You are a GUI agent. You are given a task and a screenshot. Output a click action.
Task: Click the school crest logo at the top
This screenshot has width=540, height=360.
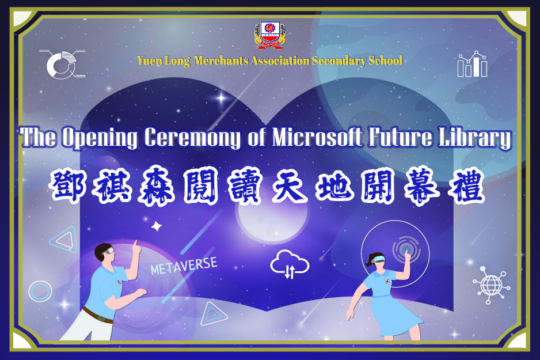click(x=270, y=35)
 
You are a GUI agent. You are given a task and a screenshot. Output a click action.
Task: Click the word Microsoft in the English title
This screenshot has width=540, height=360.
click(x=317, y=137)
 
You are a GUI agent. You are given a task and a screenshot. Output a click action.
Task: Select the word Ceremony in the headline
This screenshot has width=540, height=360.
click(x=192, y=138)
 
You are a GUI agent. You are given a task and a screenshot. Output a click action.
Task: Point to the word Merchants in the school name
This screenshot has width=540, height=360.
click(x=221, y=60)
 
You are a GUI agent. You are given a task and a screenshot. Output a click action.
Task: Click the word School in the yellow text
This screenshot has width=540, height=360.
click(x=385, y=60)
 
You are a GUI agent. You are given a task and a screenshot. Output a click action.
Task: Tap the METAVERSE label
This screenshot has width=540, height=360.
click(x=184, y=266)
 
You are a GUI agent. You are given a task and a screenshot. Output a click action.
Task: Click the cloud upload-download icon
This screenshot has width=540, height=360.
click(x=289, y=264)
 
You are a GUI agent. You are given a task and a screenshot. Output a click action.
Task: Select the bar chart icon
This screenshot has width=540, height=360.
click(x=472, y=64)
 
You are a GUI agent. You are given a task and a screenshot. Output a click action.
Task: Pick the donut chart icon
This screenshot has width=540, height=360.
click(x=63, y=65)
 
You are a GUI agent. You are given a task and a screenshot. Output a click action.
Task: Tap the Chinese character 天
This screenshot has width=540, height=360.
click(x=290, y=187)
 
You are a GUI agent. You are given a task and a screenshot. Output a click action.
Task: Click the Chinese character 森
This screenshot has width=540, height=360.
click(x=157, y=187)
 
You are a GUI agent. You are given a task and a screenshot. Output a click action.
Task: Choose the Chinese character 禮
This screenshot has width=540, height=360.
click(x=467, y=187)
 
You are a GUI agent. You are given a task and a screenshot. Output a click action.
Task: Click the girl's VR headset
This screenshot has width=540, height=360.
click(x=379, y=259)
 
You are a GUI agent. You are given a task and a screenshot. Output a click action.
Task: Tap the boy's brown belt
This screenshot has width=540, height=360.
click(x=97, y=315)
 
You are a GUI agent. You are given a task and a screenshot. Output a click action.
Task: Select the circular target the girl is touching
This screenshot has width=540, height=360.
click(x=406, y=249)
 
